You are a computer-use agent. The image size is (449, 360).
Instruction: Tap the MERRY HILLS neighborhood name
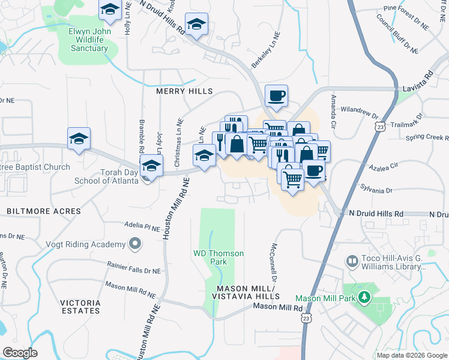(184, 91)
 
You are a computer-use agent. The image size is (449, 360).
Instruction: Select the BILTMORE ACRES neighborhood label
(43, 211)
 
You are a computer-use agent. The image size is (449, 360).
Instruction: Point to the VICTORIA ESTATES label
(80, 306)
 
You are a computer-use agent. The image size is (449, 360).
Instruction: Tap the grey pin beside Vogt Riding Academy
(134, 244)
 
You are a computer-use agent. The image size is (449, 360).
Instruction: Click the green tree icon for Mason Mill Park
(364, 298)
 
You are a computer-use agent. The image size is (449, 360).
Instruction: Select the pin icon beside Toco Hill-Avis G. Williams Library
(352, 262)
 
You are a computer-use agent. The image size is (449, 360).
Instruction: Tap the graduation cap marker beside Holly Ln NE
(110, 10)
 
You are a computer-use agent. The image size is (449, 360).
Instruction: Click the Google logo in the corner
(20, 352)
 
